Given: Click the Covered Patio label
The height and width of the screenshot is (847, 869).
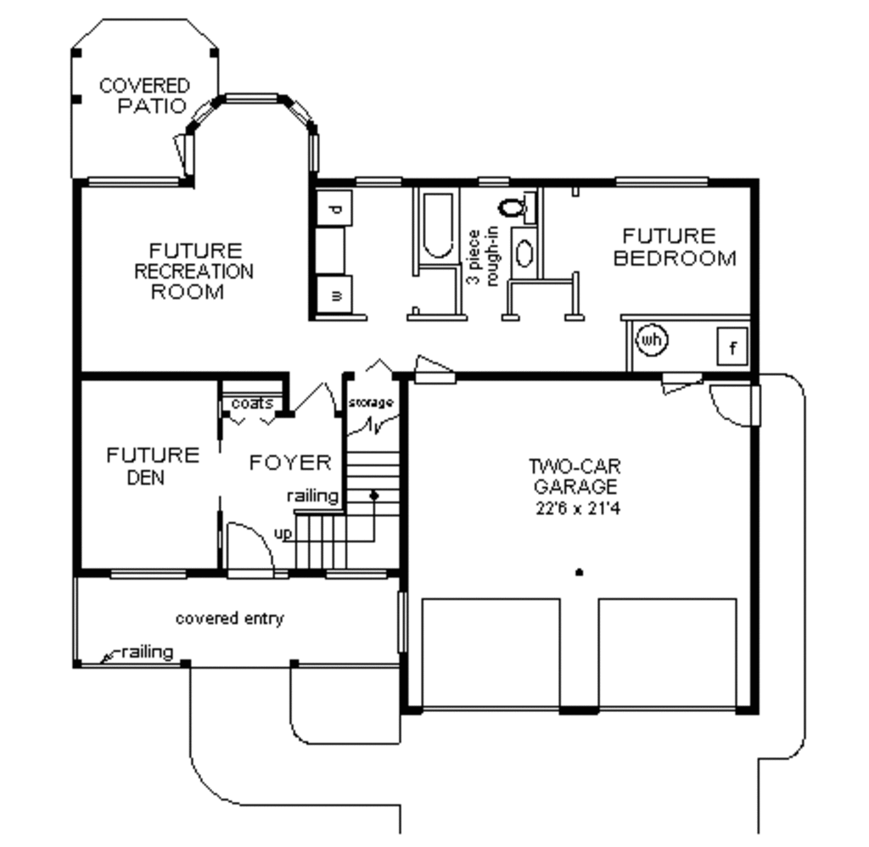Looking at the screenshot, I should coord(144,96).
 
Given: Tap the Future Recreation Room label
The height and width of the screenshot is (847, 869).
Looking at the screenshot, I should coord(194,272).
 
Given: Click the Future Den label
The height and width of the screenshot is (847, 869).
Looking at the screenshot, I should coord(152,466).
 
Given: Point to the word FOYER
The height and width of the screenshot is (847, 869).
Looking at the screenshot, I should coord(289,463).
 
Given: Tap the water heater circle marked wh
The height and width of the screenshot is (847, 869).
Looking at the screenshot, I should coord(652,340).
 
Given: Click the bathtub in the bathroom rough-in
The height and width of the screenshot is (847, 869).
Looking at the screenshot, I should coord(438,226).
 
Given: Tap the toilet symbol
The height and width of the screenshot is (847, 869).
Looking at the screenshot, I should coord(513,206).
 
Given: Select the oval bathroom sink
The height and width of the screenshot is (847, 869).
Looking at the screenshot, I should coord(524,255).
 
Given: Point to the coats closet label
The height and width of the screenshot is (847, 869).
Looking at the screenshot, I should coord(252,404).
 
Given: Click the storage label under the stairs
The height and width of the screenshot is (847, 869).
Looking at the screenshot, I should coord(371,402).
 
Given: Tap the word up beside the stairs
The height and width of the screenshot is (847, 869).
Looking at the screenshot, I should coord(283,533).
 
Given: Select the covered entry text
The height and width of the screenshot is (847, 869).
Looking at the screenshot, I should coord(229,619).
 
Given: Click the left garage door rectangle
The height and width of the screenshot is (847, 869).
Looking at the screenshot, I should coord(491,652).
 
